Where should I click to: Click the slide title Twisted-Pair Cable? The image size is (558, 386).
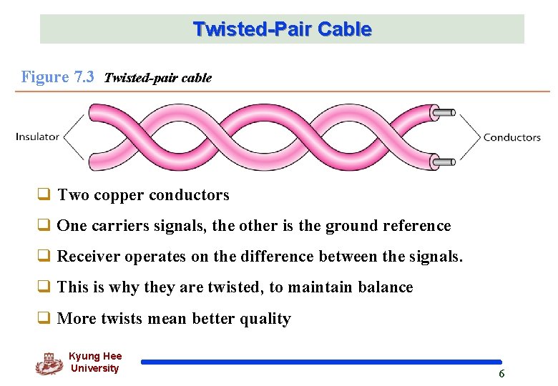(282, 29)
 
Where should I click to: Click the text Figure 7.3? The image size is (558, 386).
(57, 77)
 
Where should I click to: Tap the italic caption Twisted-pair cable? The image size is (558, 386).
(157, 79)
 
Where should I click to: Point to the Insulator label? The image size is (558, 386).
(37, 137)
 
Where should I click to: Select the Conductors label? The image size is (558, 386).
(511, 137)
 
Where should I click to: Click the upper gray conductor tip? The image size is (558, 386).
(445, 112)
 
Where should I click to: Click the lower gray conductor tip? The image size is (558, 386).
(445, 162)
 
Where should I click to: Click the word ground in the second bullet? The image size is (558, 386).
(350, 226)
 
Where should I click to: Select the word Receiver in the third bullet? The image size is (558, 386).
(85, 257)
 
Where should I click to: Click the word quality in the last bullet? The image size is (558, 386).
(265, 319)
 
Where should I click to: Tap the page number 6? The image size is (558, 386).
(501, 374)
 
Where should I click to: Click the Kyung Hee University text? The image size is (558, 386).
(95, 362)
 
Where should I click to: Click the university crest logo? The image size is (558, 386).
(49, 363)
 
